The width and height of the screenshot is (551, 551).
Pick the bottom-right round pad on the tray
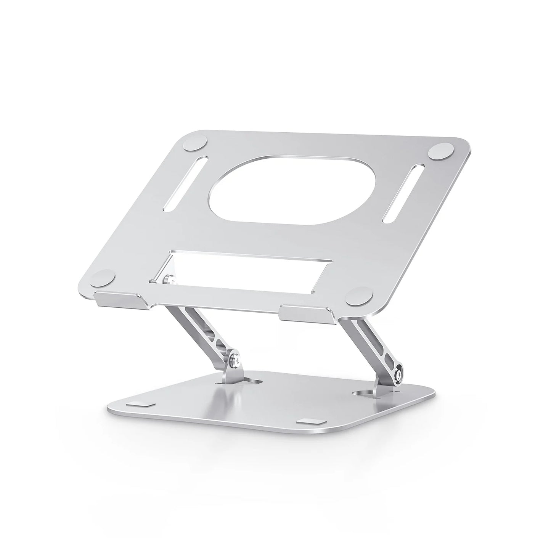tap(357, 296)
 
